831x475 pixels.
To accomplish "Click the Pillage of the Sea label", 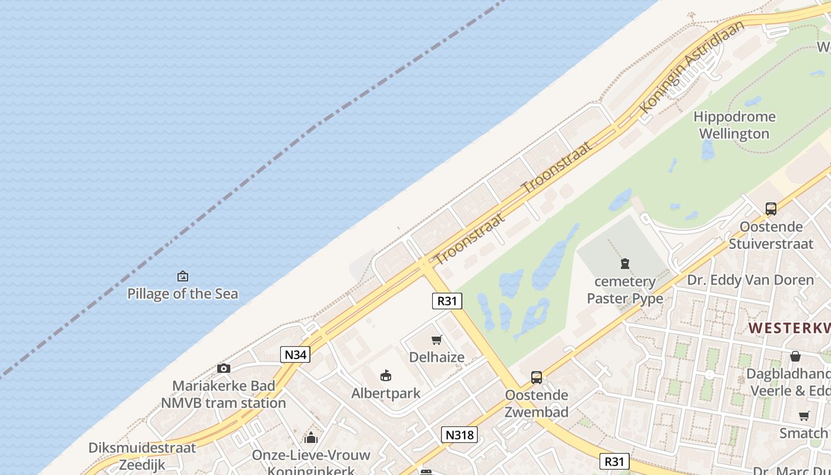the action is pos(183,293).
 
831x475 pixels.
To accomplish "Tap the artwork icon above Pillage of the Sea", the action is pos(183,276).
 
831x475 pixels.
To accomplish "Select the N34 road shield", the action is pos(295,354).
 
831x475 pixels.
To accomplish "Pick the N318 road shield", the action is pos(459,435).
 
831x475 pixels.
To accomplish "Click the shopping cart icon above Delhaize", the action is pos(437,340).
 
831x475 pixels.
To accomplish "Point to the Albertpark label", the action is pos(386,393).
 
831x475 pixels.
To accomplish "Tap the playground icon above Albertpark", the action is pos(386,375).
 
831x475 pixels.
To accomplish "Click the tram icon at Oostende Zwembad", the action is pos(537,378).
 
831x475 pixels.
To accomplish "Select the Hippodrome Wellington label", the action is pos(734,125).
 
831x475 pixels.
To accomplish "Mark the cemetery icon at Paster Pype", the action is pos(625,263).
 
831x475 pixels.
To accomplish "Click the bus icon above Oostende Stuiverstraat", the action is pos(771,209).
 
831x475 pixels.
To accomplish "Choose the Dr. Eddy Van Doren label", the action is pos(750,280).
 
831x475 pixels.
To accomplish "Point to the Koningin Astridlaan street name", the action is pos(692,66).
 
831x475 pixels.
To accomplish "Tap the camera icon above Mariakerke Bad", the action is pos(224,368).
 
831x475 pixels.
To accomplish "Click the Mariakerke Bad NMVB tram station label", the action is pos(224,394).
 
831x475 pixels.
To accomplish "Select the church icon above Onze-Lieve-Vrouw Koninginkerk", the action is pos(311,438).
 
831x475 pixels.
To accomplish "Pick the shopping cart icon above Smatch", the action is pos(804,416).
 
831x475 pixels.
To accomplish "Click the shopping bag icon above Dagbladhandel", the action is pos(795,356).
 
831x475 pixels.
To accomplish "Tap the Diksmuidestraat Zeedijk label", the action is pos(142,456).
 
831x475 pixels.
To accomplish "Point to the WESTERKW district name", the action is pos(789,328).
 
